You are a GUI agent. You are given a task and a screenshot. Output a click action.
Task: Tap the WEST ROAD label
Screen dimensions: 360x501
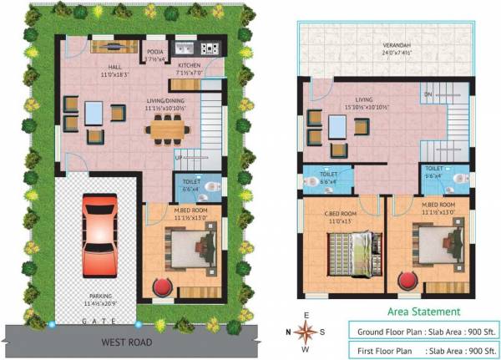tap(125, 342)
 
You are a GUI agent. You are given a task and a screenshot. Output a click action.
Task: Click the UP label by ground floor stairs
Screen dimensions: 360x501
tap(178, 156)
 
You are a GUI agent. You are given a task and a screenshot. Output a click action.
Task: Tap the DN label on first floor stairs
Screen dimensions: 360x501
tap(428, 94)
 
